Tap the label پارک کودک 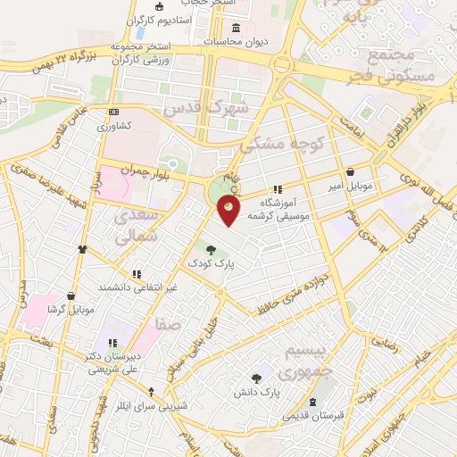208,264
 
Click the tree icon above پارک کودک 210,250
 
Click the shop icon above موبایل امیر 350,172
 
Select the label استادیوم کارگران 161,19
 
